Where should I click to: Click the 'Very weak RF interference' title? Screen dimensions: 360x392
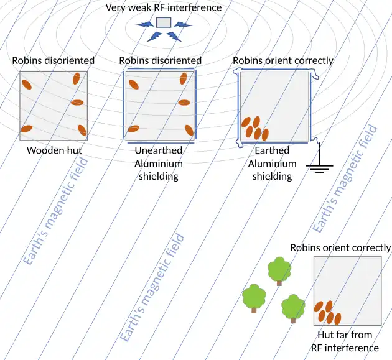pos(163,7)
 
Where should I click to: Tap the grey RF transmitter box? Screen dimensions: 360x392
pos(163,22)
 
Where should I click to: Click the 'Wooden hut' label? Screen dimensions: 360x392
pos(54,150)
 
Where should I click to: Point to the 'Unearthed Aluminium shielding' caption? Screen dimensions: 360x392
pos(159,163)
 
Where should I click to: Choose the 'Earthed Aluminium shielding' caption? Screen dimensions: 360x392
pos(271,163)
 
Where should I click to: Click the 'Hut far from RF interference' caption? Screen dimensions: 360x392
pos(345,341)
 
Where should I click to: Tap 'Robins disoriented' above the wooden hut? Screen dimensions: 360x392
pos(54,60)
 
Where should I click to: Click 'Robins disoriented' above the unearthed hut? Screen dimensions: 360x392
pos(160,60)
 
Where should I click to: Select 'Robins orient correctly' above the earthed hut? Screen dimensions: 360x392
pos(282,60)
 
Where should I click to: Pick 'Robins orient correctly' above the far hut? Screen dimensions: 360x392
pos(340,247)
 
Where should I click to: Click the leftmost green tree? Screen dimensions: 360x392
pos(254,298)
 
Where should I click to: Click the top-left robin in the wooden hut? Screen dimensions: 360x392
pos(27,85)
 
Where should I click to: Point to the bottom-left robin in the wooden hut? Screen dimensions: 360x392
pos(26,129)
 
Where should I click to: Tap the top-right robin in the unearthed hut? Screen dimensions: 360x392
pos(184,78)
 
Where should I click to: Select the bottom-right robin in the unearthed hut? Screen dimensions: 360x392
pos(189,130)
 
